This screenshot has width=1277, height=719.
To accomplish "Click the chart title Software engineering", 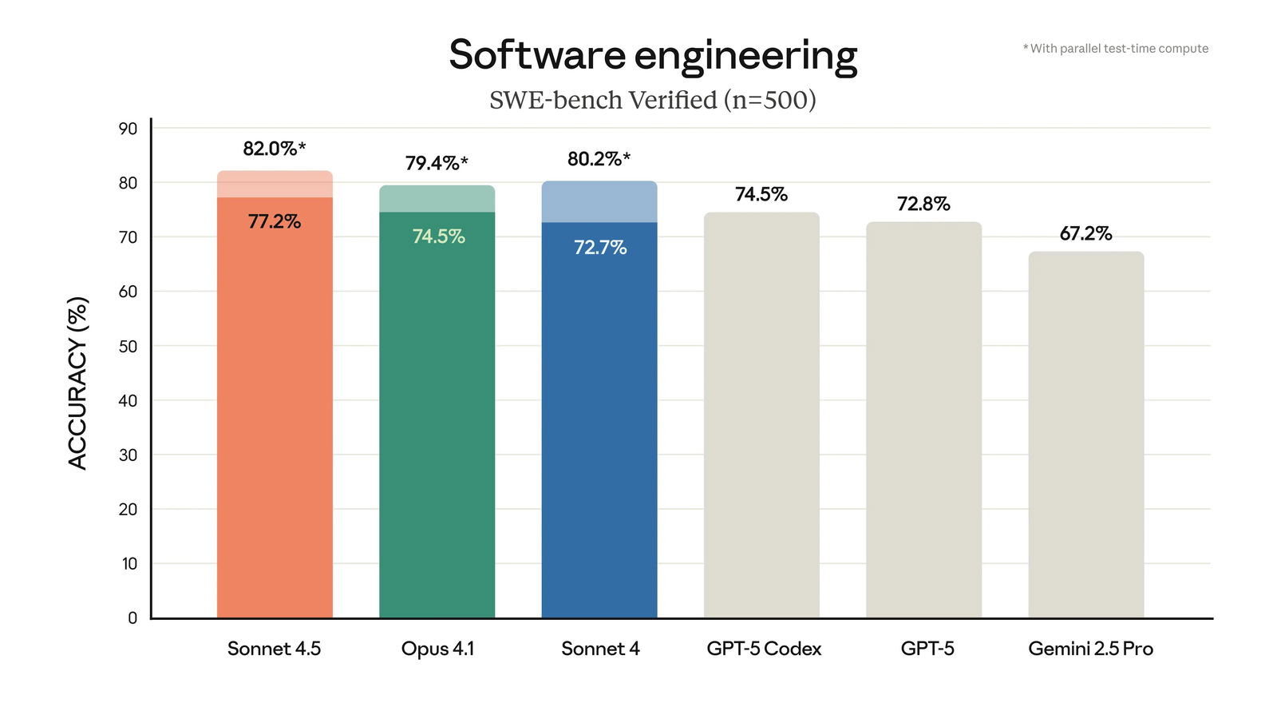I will pyautogui.click(x=653, y=56).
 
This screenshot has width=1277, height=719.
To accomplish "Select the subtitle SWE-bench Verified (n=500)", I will pyautogui.click(x=653, y=101).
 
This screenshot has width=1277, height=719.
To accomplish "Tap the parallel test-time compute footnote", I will pyautogui.click(x=1116, y=49).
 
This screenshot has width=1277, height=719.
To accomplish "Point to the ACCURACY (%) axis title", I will pyautogui.click(x=77, y=383).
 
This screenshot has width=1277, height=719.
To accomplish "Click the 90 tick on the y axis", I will pyautogui.click(x=128, y=129).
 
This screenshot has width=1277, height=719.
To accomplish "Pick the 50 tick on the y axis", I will pyautogui.click(x=128, y=347).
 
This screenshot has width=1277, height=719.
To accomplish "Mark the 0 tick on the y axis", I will pyautogui.click(x=132, y=618).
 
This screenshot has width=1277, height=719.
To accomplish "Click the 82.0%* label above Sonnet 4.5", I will pyautogui.click(x=274, y=149).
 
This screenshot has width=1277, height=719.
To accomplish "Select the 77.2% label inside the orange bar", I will pyautogui.click(x=274, y=221).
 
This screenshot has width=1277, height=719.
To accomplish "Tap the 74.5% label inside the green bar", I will pyautogui.click(x=438, y=236).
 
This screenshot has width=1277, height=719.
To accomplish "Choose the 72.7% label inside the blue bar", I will pyautogui.click(x=600, y=248).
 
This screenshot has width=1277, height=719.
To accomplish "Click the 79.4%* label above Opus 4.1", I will pyautogui.click(x=437, y=163).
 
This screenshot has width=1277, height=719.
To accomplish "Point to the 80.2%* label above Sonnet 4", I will pyautogui.click(x=599, y=159).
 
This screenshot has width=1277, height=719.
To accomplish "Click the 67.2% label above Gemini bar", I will pyautogui.click(x=1085, y=233).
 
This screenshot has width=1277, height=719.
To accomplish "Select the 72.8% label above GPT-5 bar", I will pyautogui.click(x=923, y=204).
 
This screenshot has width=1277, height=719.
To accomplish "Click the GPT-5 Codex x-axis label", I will pyautogui.click(x=764, y=649).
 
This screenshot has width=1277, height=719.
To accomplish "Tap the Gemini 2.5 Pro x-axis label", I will pyautogui.click(x=1090, y=649).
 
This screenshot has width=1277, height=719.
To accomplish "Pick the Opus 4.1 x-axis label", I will pyautogui.click(x=437, y=649).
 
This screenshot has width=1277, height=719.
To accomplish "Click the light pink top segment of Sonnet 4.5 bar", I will pyautogui.click(x=275, y=185).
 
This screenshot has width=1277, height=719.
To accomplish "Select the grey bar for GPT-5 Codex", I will pyautogui.click(x=761, y=415).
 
